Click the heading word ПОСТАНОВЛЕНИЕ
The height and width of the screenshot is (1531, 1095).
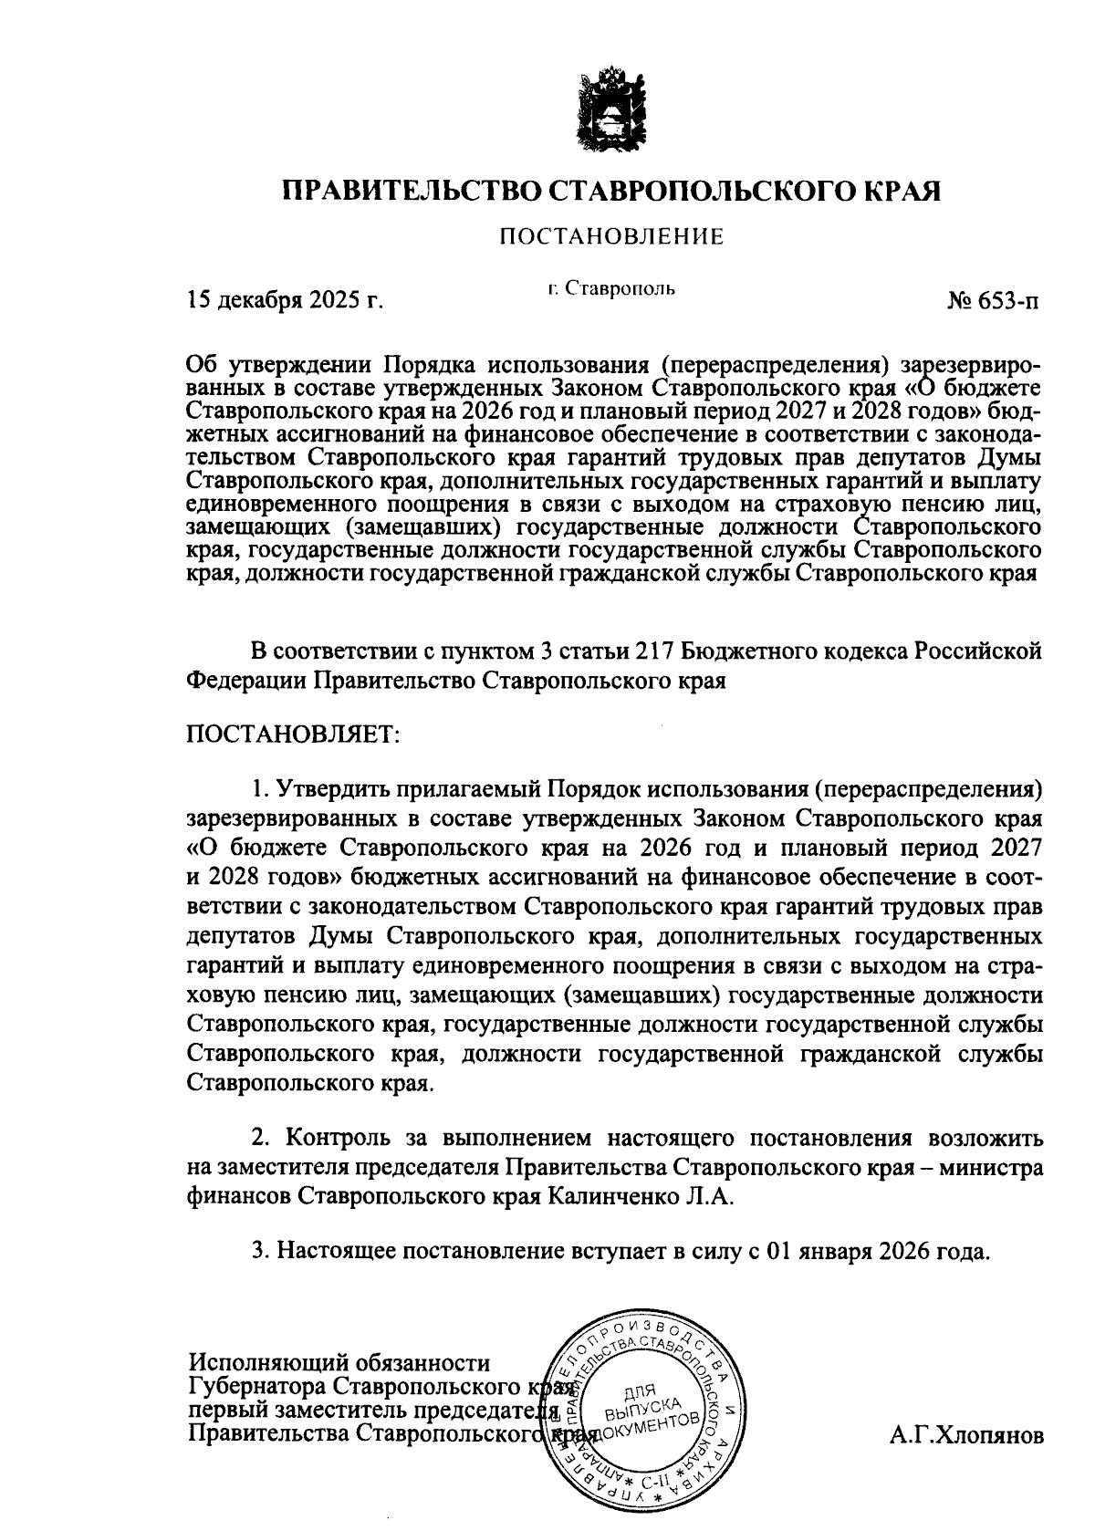[610, 238]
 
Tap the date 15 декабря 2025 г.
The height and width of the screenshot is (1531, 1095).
[284, 301]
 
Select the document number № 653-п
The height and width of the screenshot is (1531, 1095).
[993, 301]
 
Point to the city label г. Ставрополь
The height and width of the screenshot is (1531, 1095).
[611, 289]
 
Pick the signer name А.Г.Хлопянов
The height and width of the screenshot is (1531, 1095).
[966, 1435]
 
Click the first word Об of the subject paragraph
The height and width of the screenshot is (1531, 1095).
[200, 365]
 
